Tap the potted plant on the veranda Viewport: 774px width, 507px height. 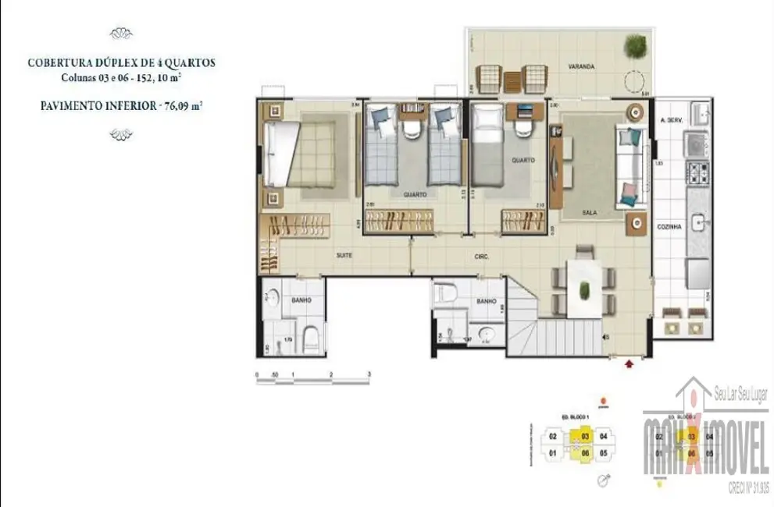tap(636, 45)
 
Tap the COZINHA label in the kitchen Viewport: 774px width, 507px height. tap(671, 226)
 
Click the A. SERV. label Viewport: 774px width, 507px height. tap(672, 120)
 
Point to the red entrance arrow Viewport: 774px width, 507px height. tap(631, 362)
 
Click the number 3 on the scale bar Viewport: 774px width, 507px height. tap(369, 375)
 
